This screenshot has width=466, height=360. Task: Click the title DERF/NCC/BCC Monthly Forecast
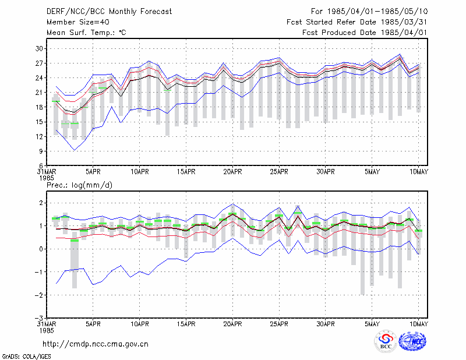click(x=109, y=12)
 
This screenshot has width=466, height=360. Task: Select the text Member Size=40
click(x=78, y=22)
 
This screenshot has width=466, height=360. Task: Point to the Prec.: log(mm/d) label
click(x=79, y=185)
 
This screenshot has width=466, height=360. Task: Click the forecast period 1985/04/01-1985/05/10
click(x=377, y=12)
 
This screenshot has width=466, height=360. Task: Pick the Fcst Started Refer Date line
click(x=357, y=22)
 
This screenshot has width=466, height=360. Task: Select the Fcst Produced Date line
click(x=365, y=33)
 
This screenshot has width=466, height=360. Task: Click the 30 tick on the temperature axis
click(x=40, y=49)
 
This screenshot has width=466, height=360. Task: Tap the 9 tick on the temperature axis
click(x=41, y=151)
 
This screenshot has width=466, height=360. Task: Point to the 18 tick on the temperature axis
click(x=40, y=107)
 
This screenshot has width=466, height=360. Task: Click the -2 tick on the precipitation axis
click(x=38, y=295)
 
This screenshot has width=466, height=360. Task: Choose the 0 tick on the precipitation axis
click(x=41, y=249)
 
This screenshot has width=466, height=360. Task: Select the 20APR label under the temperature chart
click(x=232, y=172)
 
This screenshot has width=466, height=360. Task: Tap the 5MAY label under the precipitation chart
click(x=372, y=324)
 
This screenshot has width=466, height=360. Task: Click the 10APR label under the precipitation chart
click(x=140, y=324)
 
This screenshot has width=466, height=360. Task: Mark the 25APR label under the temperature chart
click(x=279, y=172)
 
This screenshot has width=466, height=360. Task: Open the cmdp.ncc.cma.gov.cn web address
click(x=96, y=344)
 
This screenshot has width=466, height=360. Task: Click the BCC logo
click(x=386, y=341)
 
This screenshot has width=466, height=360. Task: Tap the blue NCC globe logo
click(x=412, y=341)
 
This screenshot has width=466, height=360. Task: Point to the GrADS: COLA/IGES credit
click(x=26, y=357)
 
